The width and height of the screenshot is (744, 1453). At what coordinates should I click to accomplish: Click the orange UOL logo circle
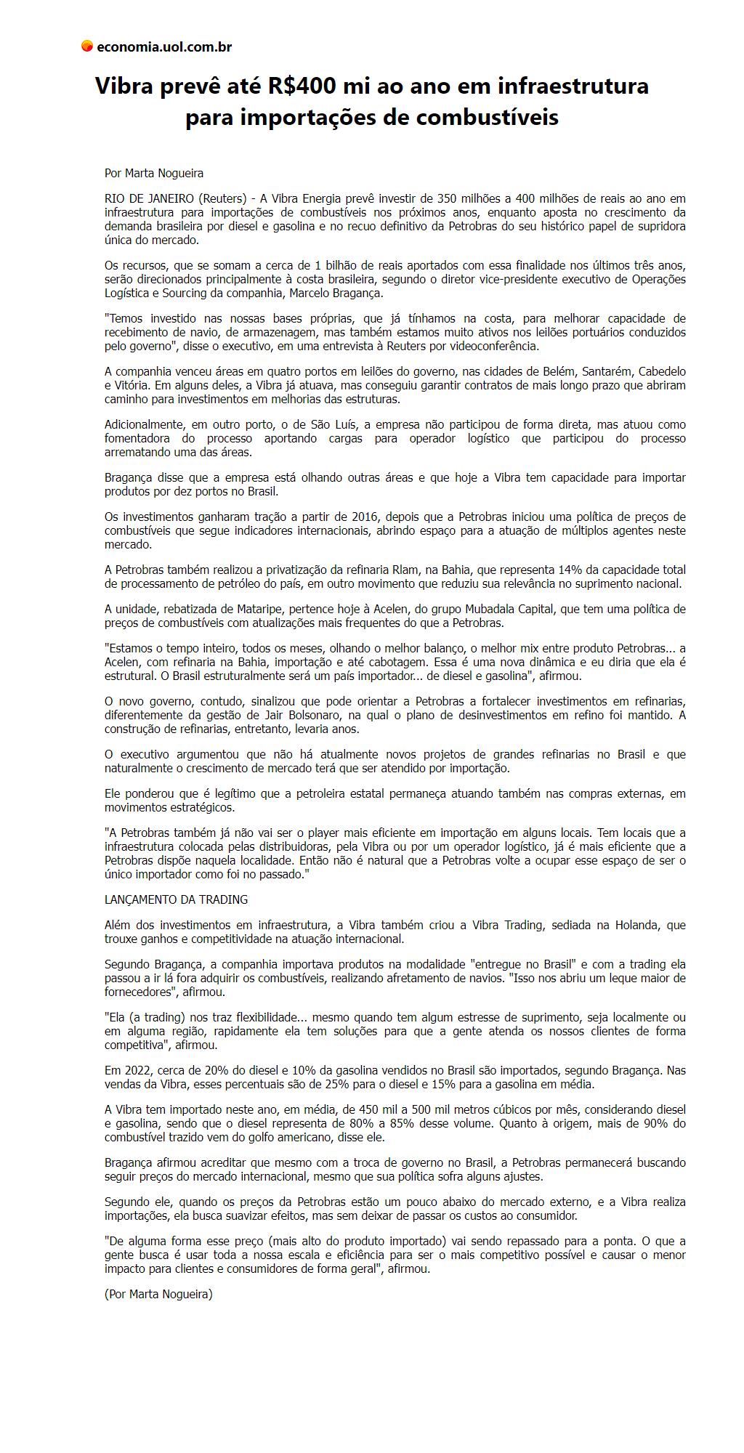pyautogui.click(x=86, y=46)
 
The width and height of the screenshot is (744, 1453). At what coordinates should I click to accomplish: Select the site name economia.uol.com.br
pyautogui.click(x=163, y=47)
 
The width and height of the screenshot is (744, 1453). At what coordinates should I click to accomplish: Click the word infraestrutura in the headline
pyautogui.click(x=573, y=86)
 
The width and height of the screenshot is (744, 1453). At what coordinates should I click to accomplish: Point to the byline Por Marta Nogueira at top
pyautogui.click(x=154, y=173)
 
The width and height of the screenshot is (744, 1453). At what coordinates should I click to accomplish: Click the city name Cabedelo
pyautogui.click(x=662, y=371)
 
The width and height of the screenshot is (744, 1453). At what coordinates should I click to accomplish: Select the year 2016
pyautogui.click(x=365, y=517)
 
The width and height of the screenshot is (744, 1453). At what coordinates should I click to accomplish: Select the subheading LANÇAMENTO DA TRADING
pyautogui.click(x=176, y=899)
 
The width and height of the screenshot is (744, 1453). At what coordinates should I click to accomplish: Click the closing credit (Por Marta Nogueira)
pyautogui.click(x=158, y=1294)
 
